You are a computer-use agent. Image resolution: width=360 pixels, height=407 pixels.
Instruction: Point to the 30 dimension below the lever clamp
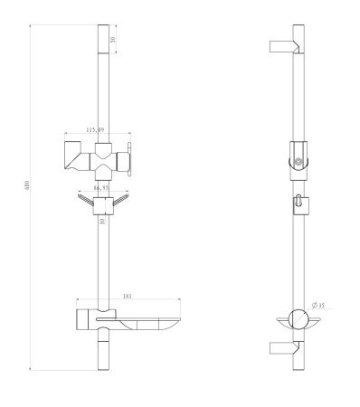tap(102, 222)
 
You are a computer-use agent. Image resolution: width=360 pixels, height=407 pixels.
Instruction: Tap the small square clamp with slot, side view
tap(298, 205)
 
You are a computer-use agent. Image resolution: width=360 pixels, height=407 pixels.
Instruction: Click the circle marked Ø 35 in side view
tap(296, 321)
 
